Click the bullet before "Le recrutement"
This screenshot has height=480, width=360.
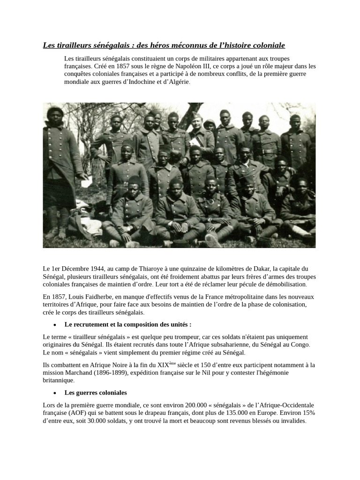point(55,325)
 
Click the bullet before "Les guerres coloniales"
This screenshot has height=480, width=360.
point(55,393)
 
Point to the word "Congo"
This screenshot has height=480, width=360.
point(300,345)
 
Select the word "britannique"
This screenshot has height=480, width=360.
point(58,380)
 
